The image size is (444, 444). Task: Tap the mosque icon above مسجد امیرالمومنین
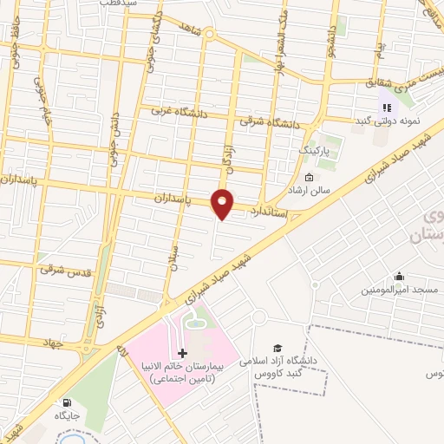click(398, 277)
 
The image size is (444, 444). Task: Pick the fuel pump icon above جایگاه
click(68, 402)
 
